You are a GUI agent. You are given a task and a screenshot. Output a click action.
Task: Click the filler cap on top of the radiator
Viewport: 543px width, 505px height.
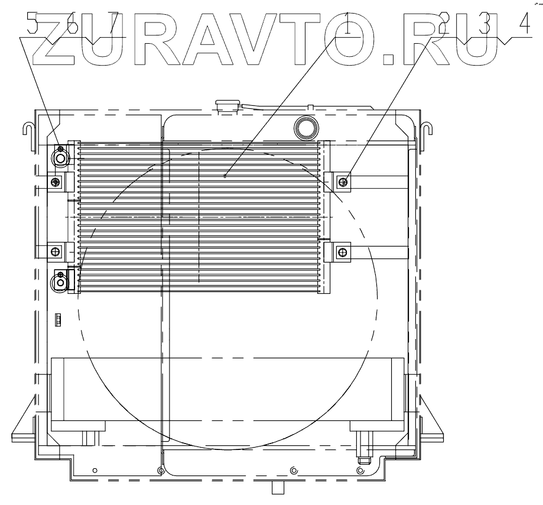click(227, 105)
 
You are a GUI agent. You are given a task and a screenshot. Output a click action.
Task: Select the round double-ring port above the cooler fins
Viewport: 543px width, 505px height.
click(305, 126)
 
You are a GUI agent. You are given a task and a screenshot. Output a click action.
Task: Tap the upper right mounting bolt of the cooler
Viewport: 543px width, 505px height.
click(343, 181)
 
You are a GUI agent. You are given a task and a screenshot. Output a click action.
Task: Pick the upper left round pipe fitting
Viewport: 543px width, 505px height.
click(60, 157)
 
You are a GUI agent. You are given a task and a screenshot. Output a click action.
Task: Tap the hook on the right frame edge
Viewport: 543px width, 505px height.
click(428, 127)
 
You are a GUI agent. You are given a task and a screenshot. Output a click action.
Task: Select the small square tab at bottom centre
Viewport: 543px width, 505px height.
click(277, 487)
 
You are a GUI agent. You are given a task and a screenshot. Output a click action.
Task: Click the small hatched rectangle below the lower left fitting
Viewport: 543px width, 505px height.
click(58, 320)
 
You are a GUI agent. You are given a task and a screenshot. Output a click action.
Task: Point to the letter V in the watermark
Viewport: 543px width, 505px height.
click(260, 41)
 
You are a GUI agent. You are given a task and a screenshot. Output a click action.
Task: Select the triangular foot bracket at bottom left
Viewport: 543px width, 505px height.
click(22, 423)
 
